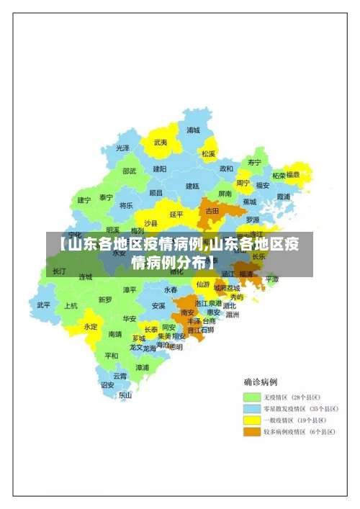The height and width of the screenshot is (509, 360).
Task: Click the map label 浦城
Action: (193, 130)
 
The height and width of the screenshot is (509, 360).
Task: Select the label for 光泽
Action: (123, 148)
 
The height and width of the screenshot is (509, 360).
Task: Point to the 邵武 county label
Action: (129, 171)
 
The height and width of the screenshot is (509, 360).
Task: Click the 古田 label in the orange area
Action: (212, 211)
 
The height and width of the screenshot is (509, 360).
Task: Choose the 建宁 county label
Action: (84, 200)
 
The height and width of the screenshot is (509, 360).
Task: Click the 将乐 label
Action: (126, 205)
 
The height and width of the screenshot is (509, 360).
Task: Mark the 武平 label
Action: (44, 305)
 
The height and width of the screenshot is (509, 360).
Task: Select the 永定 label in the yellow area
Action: (91, 326)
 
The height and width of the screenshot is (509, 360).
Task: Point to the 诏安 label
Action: (107, 385)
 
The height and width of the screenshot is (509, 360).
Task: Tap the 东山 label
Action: (125, 395)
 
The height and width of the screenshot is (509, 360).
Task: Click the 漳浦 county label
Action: (143, 367)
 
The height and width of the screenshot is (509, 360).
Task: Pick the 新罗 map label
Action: (105, 299)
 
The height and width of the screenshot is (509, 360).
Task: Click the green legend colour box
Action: (251, 397)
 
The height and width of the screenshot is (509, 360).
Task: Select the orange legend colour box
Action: (251, 431)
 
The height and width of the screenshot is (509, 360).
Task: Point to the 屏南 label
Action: (225, 194)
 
